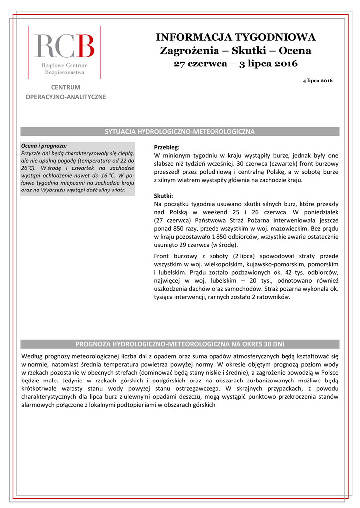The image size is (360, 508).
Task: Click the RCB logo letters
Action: [64, 46]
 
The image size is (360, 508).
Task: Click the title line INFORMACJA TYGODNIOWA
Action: [236, 37]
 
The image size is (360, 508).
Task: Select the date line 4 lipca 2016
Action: [318, 80]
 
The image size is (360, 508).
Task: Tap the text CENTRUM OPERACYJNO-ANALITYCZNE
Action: [66, 92]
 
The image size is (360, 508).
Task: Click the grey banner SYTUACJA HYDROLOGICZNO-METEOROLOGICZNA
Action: [180, 132]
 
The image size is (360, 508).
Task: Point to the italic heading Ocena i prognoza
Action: [44, 146]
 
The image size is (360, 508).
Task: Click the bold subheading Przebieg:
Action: [167, 148]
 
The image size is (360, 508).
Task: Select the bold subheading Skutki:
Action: [164, 196]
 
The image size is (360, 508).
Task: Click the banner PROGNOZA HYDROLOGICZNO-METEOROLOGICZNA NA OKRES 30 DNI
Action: [180, 344]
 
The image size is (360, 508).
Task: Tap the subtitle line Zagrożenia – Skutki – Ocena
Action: [236, 51]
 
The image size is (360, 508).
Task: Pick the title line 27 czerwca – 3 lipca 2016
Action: [236, 63]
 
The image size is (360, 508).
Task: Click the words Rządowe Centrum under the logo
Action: [65, 65]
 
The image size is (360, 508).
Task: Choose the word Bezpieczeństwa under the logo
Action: [65, 72]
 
